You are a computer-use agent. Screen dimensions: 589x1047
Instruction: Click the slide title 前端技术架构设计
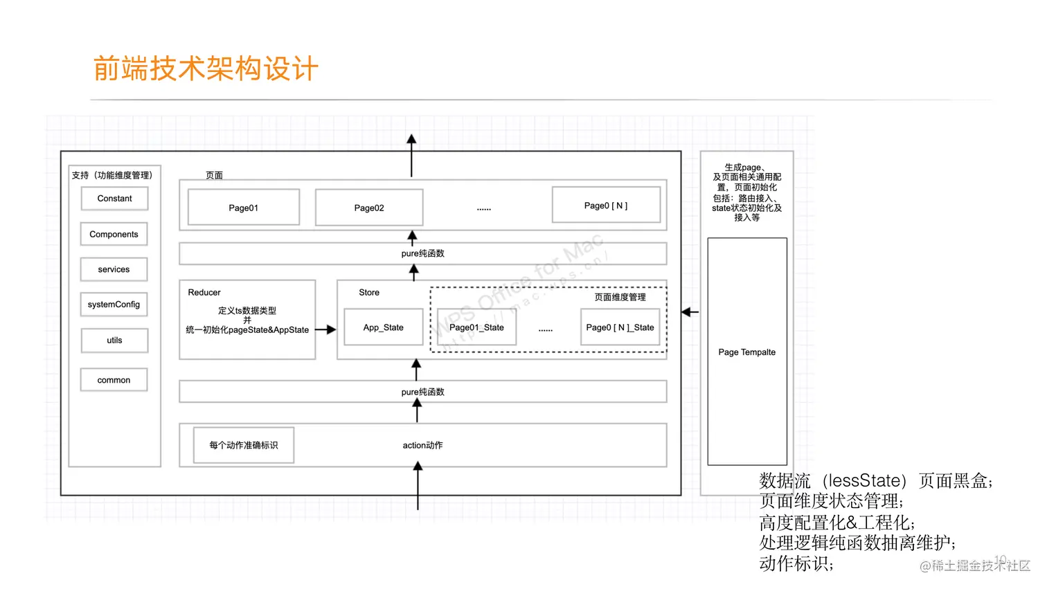click(x=206, y=69)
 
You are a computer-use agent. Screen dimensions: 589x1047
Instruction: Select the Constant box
click(x=114, y=199)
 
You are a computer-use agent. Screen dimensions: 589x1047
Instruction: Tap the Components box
click(x=114, y=235)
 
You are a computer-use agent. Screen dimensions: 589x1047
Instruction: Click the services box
click(x=114, y=269)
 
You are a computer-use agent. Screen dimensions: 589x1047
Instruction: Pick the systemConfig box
click(x=114, y=305)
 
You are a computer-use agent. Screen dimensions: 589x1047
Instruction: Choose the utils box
click(x=114, y=341)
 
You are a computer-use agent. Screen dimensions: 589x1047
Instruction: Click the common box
click(x=114, y=380)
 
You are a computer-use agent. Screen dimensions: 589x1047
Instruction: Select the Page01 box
click(x=244, y=208)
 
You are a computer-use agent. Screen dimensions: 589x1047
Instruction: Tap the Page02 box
click(x=369, y=208)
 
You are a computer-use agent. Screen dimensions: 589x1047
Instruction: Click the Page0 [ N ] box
click(x=606, y=206)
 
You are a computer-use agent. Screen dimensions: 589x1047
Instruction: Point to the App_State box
click(x=384, y=327)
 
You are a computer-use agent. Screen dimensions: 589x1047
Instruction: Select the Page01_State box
click(x=476, y=327)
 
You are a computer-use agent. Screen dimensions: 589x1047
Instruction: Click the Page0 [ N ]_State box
click(x=620, y=327)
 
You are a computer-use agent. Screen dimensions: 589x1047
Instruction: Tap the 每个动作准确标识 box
click(x=244, y=445)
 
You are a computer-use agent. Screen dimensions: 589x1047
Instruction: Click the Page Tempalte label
click(x=746, y=352)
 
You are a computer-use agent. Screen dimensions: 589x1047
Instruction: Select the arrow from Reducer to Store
click(x=326, y=330)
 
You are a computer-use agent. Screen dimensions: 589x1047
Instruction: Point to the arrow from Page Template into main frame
click(x=690, y=312)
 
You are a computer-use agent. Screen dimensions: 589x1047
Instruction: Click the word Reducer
click(x=204, y=293)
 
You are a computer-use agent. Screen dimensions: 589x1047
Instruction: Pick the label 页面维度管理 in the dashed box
click(x=620, y=297)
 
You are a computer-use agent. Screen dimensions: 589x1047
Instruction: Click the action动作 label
click(x=422, y=445)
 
